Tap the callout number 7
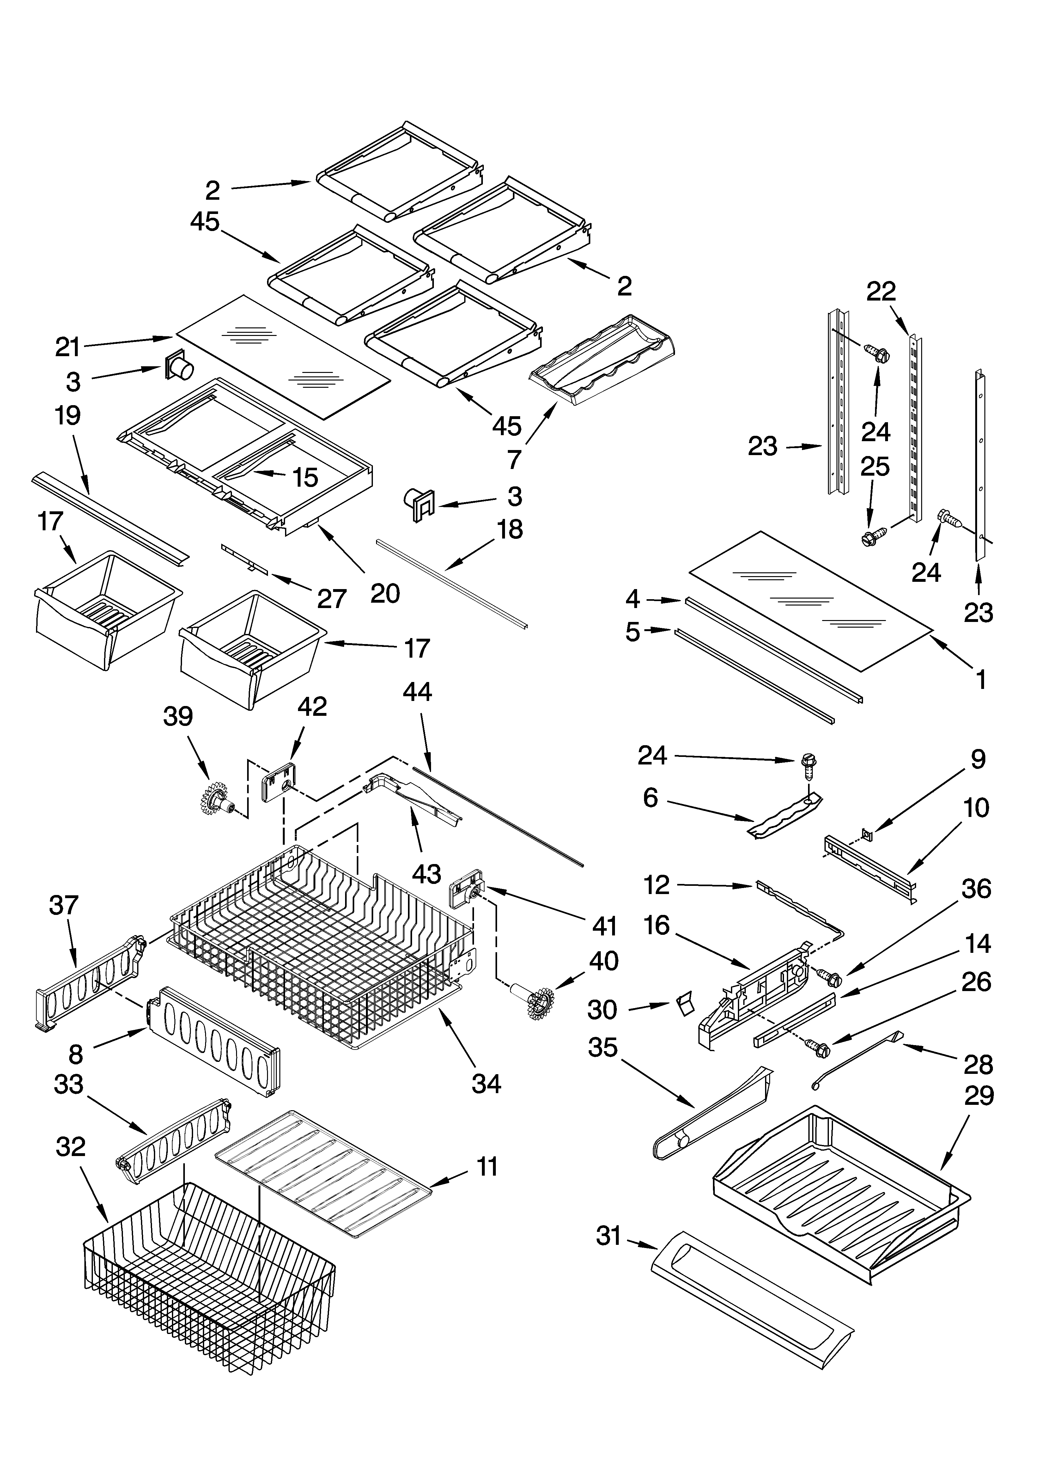(x=514, y=459)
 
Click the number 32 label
(x=71, y=1147)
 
